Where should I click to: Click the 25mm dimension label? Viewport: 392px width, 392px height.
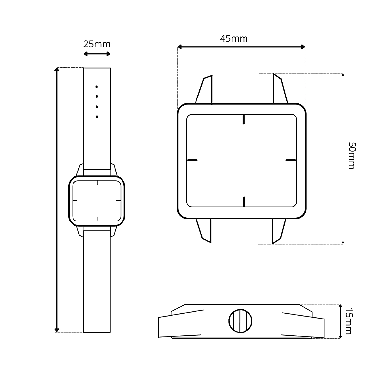coord(97,44)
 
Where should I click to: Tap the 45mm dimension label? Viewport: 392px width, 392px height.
coord(234,39)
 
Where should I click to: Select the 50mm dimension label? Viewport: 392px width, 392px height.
coord(352,155)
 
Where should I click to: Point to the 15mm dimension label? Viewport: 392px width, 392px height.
coord(348,321)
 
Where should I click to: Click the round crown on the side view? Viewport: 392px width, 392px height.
coord(240,321)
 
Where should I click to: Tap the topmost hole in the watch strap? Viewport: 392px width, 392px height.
coord(97,87)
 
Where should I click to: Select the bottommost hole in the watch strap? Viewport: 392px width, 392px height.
coord(97,117)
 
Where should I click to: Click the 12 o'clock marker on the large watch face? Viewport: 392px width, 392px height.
coord(244,119)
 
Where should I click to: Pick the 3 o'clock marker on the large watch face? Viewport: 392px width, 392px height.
coord(291,160)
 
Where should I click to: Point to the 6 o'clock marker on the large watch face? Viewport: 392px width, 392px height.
coord(244,202)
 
